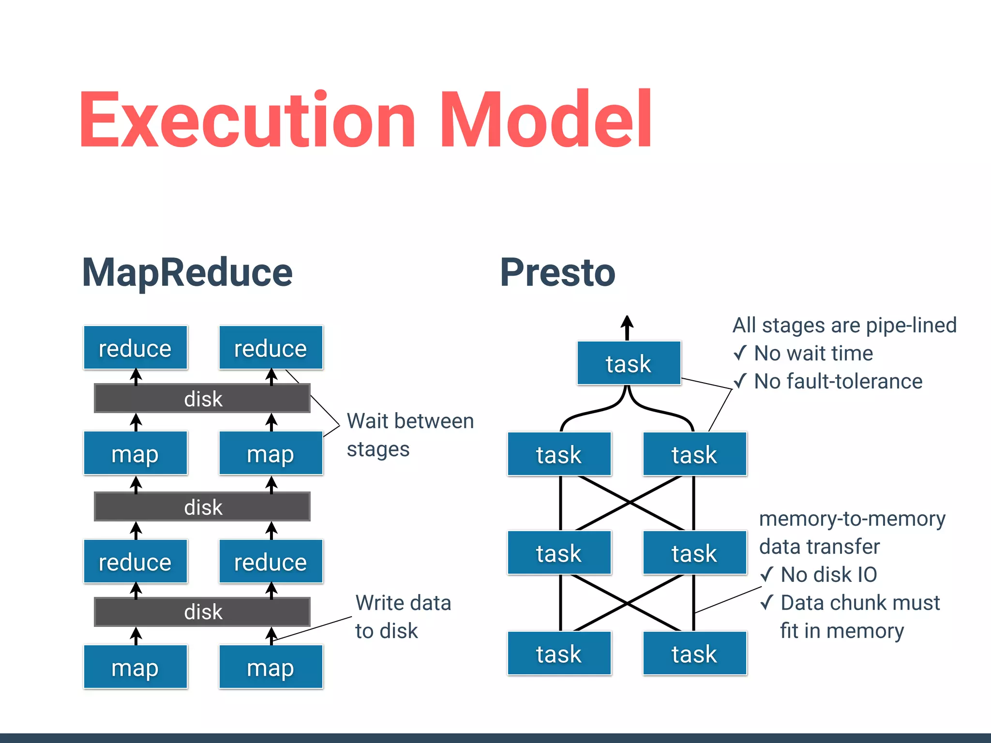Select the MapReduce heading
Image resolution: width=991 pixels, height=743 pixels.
[x=187, y=273]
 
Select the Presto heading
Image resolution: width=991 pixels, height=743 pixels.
[x=557, y=273]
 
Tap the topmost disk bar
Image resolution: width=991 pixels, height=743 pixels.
[x=202, y=399]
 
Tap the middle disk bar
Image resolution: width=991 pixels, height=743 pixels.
[x=202, y=507]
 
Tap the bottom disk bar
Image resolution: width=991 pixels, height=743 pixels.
[x=202, y=612]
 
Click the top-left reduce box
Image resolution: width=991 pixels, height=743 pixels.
[x=135, y=348]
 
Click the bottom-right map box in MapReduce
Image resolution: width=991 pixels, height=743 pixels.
[x=270, y=667]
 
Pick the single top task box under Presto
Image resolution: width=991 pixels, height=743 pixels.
[x=629, y=363]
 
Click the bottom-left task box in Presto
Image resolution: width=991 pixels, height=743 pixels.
[x=559, y=654]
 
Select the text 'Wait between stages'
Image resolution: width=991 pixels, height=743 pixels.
[x=409, y=434]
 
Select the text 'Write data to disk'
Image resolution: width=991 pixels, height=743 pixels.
[x=403, y=617]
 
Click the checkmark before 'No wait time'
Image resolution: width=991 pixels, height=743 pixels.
[x=740, y=353]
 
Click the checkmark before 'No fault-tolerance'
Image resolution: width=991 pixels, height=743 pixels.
[x=740, y=381]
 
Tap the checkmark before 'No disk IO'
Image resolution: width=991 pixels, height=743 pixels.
[x=767, y=574]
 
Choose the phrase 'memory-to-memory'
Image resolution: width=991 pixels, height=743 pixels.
[x=852, y=519]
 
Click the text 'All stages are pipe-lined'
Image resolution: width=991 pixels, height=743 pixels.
[x=844, y=326]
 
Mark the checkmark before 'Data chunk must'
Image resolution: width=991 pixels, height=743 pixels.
[x=767, y=602]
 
